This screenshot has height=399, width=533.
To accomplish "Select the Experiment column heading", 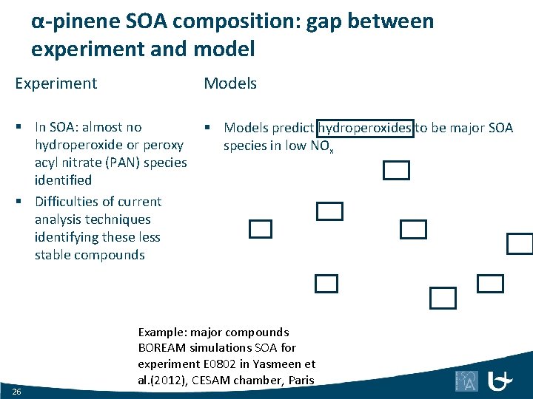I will [x=56, y=83].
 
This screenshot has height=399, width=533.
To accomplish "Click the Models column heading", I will [x=230, y=83].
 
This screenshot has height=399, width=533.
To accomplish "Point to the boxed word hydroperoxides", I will [x=365, y=128].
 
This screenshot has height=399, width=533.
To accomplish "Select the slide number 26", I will [x=17, y=390].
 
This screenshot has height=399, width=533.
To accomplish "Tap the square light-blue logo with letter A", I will [x=466, y=381].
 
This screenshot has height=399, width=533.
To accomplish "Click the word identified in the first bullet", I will [x=63, y=180].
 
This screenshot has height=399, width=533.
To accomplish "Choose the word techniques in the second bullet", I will [x=117, y=219].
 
